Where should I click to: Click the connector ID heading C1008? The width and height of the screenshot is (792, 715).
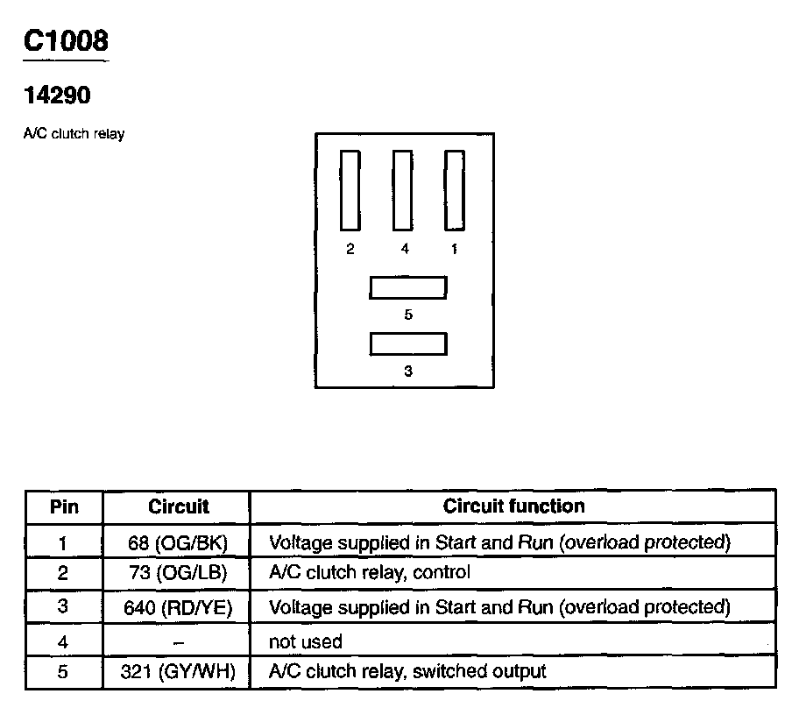67,41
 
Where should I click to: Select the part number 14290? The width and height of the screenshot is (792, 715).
57,95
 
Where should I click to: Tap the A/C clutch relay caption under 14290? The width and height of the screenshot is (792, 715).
74,135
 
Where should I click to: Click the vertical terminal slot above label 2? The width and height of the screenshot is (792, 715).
350,189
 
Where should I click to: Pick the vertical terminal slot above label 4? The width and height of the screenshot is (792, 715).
402,189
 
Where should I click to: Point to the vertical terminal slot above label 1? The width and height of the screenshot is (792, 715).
453,189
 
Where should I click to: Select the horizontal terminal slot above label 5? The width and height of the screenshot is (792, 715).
408,288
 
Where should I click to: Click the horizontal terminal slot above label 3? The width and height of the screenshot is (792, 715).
408,344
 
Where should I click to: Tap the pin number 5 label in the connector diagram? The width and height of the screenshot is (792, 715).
408,314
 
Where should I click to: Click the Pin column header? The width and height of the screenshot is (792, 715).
63,506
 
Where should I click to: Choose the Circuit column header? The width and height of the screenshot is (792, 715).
178,506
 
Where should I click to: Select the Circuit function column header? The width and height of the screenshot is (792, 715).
513,506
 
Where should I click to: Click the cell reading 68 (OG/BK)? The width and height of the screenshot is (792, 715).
178,542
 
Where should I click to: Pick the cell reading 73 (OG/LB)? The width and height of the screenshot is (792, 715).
178,573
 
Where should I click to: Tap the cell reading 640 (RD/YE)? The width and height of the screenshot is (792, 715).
178,607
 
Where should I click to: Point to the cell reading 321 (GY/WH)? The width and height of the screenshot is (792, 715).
178,672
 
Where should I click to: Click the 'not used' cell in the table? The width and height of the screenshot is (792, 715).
305,641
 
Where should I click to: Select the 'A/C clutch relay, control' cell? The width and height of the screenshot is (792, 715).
369,573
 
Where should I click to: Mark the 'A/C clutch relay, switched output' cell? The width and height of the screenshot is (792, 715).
407,672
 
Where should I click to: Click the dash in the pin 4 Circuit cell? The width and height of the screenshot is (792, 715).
178,641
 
